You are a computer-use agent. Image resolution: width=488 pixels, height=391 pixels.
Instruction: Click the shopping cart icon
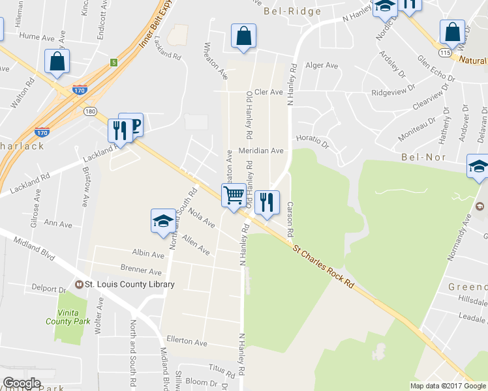click(234, 194)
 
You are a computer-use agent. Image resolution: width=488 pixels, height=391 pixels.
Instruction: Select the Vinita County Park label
click(68, 316)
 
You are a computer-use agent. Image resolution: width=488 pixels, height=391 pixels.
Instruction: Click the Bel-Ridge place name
click(292, 11)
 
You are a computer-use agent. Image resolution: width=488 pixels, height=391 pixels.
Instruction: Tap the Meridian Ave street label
click(261, 151)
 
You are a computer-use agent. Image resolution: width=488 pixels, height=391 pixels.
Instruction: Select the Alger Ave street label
click(322, 66)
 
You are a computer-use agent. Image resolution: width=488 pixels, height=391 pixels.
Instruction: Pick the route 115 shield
click(446, 51)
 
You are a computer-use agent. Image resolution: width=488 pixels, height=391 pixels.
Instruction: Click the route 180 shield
click(90, 111)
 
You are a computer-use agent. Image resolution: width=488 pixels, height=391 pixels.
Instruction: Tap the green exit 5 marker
click(114, 63)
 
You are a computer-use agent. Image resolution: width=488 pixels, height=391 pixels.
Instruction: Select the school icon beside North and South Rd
click(162, 220)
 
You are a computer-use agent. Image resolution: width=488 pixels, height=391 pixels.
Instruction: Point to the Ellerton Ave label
click(187, 342)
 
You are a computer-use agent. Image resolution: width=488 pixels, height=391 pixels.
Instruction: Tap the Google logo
click(22, 383)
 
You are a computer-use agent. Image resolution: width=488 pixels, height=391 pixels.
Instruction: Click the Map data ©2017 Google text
click(447, 386)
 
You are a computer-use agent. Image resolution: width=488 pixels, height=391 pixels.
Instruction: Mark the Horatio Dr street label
click(313, 139)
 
